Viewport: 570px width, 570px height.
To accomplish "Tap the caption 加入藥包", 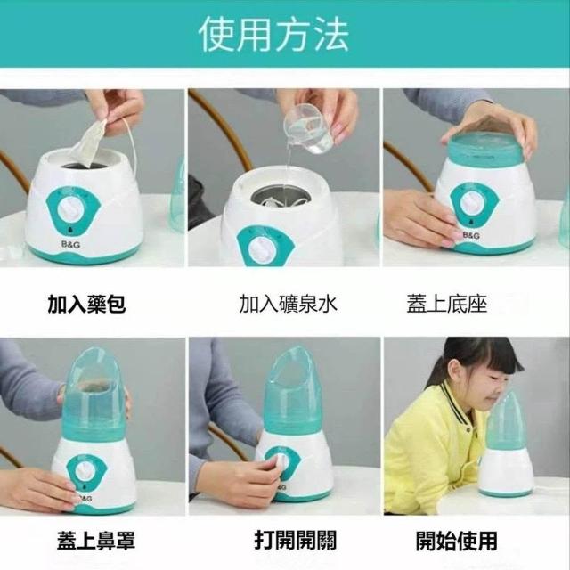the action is [87, 304].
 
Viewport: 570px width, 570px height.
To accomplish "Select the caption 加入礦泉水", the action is [289, 304].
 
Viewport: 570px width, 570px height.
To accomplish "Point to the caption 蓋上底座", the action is [447, 304].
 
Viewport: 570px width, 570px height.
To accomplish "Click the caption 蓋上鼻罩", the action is [96, 541].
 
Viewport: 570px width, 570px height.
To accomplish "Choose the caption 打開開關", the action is [295, 541].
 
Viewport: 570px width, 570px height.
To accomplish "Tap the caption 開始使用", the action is [457, 541].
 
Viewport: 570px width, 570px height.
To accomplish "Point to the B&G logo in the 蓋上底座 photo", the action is [471, 235].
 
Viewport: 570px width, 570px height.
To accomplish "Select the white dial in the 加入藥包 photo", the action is [72, 210].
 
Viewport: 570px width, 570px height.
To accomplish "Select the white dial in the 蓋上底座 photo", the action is [472, 203].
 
